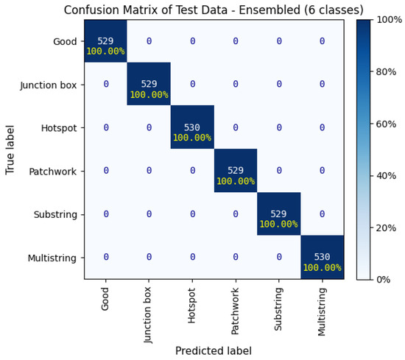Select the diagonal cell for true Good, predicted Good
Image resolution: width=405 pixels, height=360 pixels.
pos(105,41)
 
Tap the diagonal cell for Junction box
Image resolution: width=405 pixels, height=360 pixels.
pos(149,84)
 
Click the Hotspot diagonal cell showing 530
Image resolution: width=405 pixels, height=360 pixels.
pos(191,127)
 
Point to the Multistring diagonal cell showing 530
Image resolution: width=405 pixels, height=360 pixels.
pos(322,257)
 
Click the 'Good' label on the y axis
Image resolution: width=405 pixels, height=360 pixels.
pos(64,41)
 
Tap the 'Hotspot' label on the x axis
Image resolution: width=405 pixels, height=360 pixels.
pos(192,303)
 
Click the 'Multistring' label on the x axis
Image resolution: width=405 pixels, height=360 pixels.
pos(323,310)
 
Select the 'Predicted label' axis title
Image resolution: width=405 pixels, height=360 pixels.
pos(214,350)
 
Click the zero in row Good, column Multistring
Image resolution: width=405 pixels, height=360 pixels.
pos(322,41)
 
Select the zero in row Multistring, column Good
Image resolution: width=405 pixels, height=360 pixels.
pos(105,257)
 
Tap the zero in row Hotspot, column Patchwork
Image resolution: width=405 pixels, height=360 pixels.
pos(235,127)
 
